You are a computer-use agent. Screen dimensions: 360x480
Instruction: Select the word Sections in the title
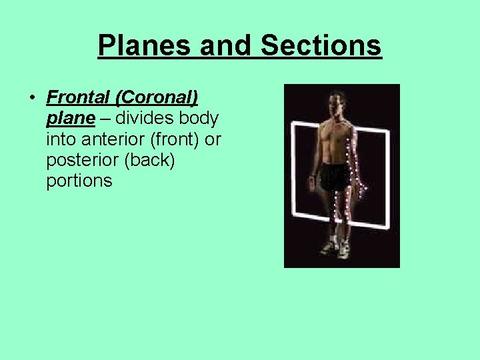tap(321, 46)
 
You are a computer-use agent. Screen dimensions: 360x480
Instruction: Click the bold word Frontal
tap(77, 97)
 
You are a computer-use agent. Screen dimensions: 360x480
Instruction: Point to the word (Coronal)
tap(156, 97)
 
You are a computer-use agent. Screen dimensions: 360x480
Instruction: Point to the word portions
tap(79, 181)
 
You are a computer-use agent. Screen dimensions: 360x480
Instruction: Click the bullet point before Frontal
tap(31, 98)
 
